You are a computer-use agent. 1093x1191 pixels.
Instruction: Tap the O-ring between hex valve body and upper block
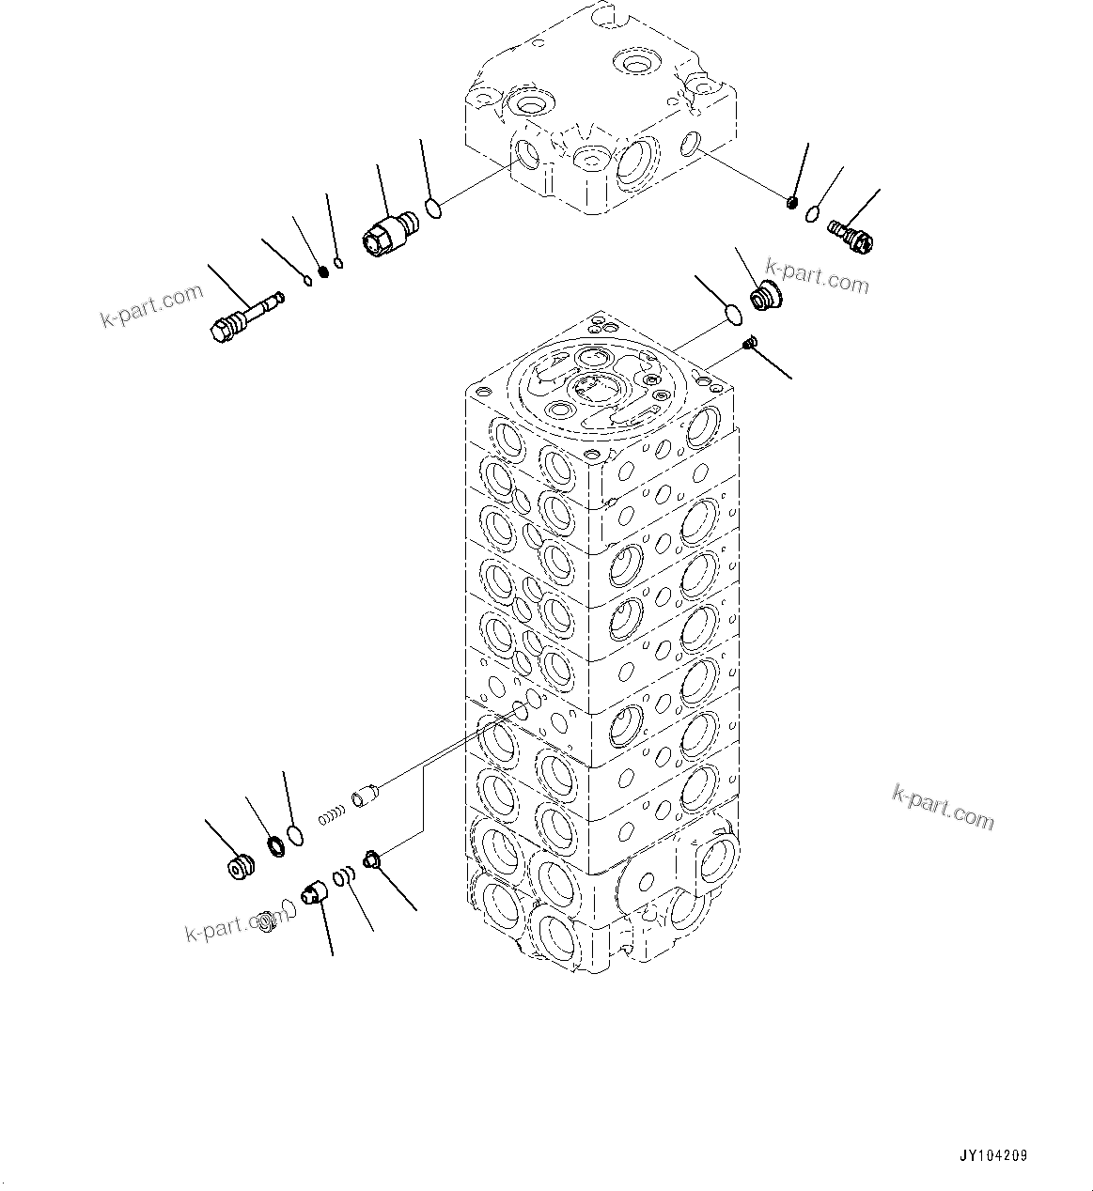click(x=433, y=207)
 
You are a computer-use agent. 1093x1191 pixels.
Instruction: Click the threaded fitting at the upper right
click(x=851, y=235)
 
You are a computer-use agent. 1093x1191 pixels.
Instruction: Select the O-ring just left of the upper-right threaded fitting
click(x=811, y=218)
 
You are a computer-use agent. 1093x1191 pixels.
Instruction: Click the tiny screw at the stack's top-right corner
click(x=749, y=345)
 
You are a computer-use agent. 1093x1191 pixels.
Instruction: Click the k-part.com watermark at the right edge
click(x=942, y=808)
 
